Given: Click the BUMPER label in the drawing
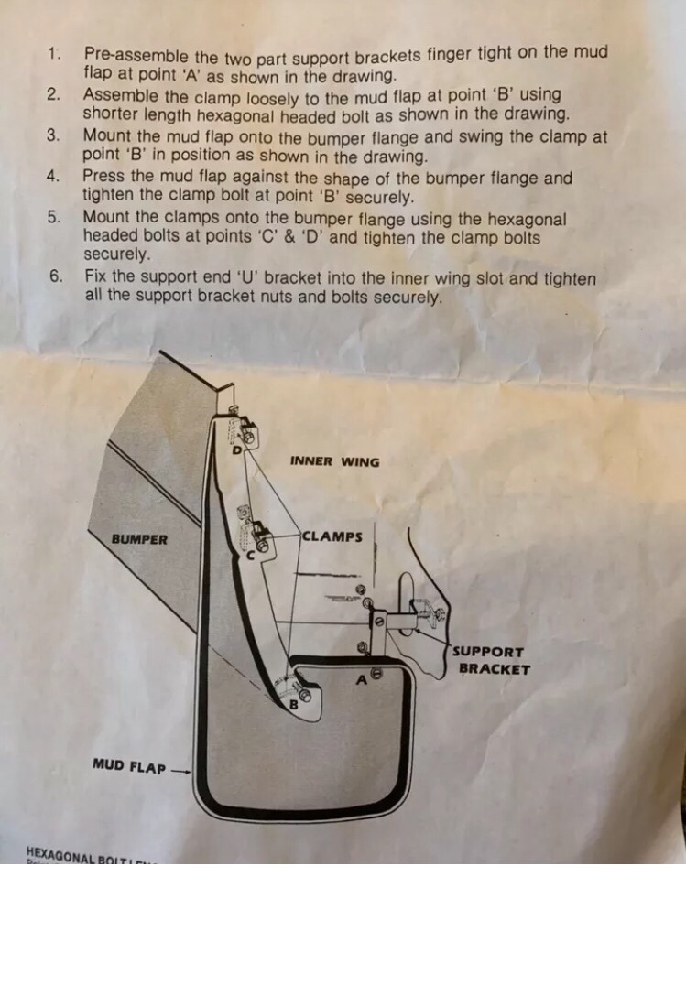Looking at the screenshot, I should tap(139, 539).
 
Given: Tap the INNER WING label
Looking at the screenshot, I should tap(334, 461).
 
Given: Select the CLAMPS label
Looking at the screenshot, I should tap(332, 536).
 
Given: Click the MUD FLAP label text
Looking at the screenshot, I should tap(129, 764).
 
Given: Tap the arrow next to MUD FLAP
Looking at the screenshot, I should tap(181, 770).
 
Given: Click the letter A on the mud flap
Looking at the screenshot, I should tap(362, 680).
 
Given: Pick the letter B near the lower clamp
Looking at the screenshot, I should tap(294, 705).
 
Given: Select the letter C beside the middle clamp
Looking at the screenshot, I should tap(248, 555).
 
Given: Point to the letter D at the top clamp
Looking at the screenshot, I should tap(236, 449).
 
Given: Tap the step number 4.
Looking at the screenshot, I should tap(53, 177).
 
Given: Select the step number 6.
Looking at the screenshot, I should tap(55, 276).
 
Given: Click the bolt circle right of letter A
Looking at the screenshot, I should tap(376, 674).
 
